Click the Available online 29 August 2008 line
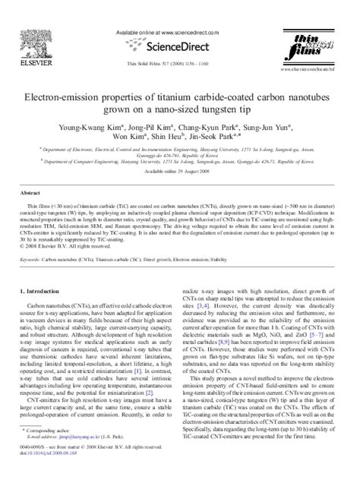point(180,172)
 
